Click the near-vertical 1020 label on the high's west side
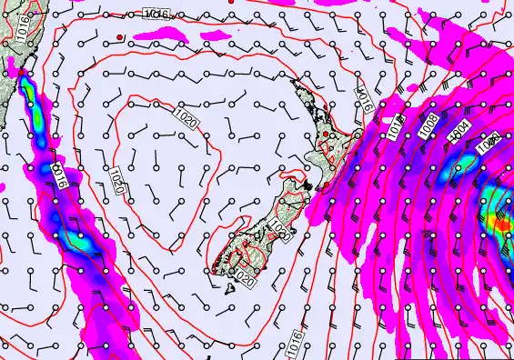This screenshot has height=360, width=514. coord(117,179)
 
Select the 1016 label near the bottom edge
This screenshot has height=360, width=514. coord(294,342)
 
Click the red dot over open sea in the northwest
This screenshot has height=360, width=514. coord(119,37)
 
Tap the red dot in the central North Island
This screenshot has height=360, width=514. coord(326,135)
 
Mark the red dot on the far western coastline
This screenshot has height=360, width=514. coord(21,73)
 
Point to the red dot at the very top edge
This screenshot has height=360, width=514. coord(232,2)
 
